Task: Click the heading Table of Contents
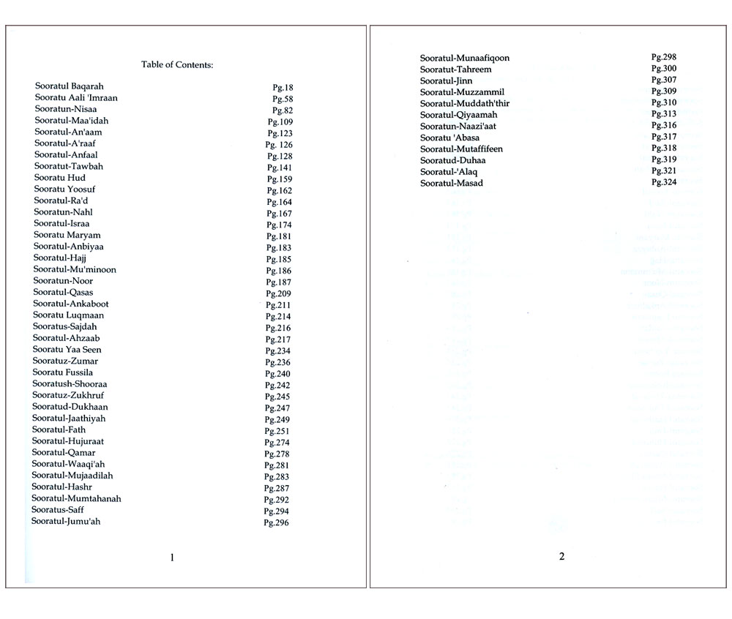[177, 65]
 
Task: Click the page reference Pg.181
[279, 236]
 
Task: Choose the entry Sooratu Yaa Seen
[67, 350]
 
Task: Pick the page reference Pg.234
[278, 351]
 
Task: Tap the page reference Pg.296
[277, 522]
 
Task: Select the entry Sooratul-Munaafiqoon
[465, 58]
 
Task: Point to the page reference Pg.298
[664, 57]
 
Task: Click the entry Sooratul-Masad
[452, 183]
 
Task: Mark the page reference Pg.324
[664, 182]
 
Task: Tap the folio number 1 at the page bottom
[172, 558]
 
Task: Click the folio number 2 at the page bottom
[561, 556]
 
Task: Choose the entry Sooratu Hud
[61, 178]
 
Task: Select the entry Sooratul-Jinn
[446, 80]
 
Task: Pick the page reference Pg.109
[281, 121]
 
